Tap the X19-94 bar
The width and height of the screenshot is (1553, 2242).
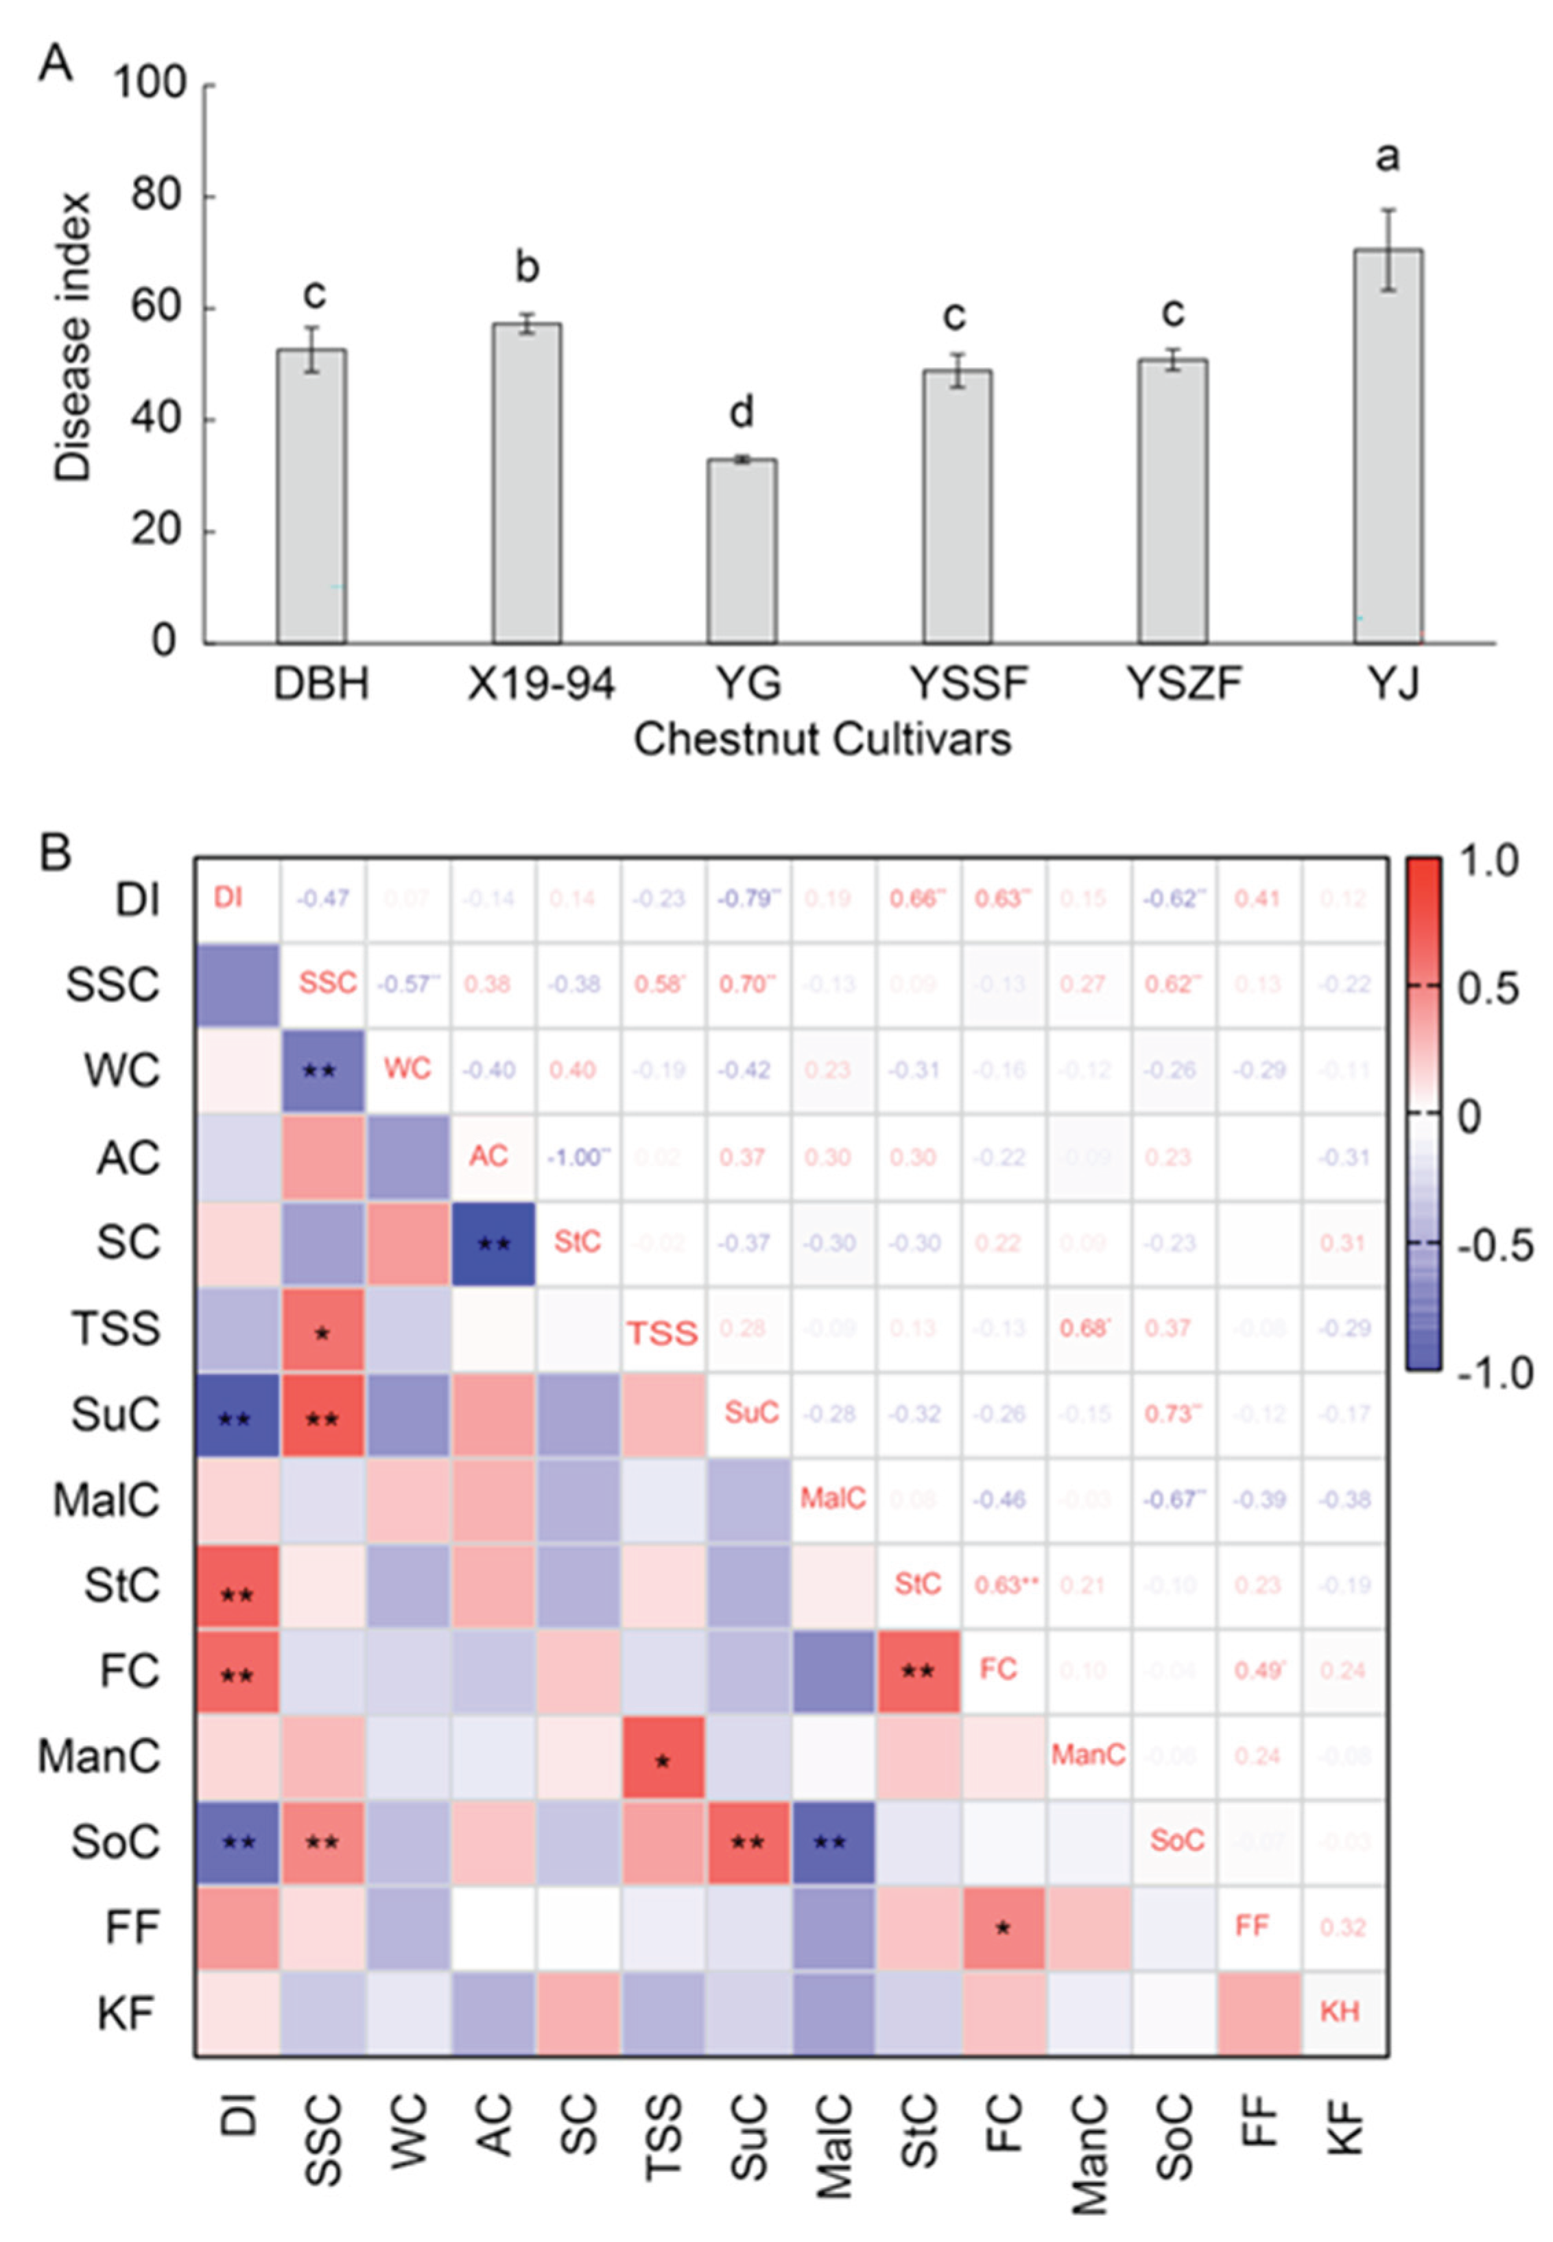[x=526, y=483]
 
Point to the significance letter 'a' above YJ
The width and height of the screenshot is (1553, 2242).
[x=1388, y=156]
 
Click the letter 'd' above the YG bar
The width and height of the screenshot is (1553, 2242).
[x=742, y=412]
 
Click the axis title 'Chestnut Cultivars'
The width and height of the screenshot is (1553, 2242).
[x=822, y=740]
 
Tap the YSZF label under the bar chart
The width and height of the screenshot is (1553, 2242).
[x=1183, y=684]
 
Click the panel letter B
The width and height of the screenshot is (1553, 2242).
[x=54, y=853]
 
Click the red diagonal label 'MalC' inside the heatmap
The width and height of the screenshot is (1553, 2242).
[x=833, y=1498]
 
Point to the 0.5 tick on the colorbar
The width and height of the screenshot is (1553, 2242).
[x=1487, y=989]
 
